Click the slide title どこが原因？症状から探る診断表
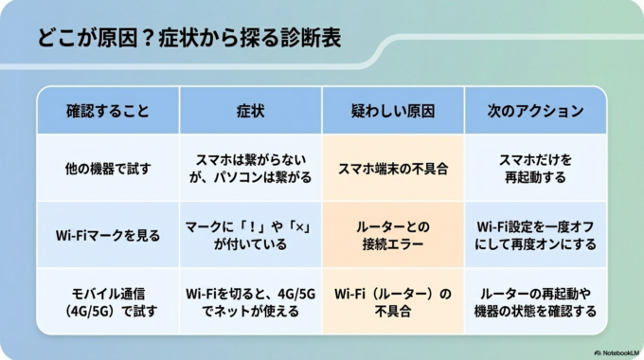point(189,40)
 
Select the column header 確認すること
point(107,111)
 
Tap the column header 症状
point(250,111)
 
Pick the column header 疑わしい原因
point(393,111)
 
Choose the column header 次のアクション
point(535,111)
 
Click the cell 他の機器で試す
point(107,169)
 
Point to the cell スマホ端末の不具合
point(393,169)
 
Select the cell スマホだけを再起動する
point(535,169)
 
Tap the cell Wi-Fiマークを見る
point(107,234)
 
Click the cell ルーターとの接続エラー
point(393,234)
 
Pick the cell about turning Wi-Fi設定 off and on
point(535,234)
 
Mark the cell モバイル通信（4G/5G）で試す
point(107,301)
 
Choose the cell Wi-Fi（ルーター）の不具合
point(393,301)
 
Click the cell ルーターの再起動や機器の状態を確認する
point(535,301)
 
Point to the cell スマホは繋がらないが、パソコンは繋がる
point(250,169)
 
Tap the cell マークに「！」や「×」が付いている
point(250,234)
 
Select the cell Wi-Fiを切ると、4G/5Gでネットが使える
point(250,301)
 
